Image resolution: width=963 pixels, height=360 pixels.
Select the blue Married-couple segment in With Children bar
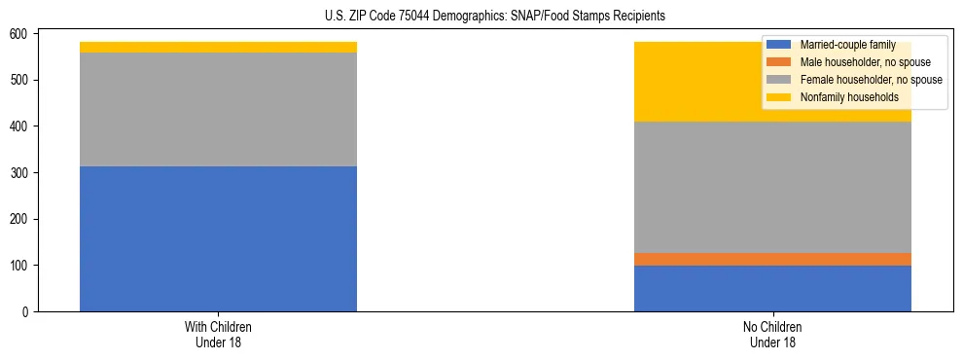(x=218, y=238)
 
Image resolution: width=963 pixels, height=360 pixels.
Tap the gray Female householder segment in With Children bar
(x=218, y=109)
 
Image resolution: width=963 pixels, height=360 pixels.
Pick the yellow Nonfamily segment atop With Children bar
(x=218, y=47)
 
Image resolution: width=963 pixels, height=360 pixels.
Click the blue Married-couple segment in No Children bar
(x=772, y=288)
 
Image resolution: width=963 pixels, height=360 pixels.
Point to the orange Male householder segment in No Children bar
(x=772, y=259)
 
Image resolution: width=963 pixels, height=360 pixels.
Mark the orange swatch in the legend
(x=779, y=62)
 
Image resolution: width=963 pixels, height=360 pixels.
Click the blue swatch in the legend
(x=779, y=45)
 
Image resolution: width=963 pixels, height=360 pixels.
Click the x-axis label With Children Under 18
(x=218, y=335)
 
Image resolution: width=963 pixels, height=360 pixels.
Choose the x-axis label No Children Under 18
(x=772, y=335)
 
